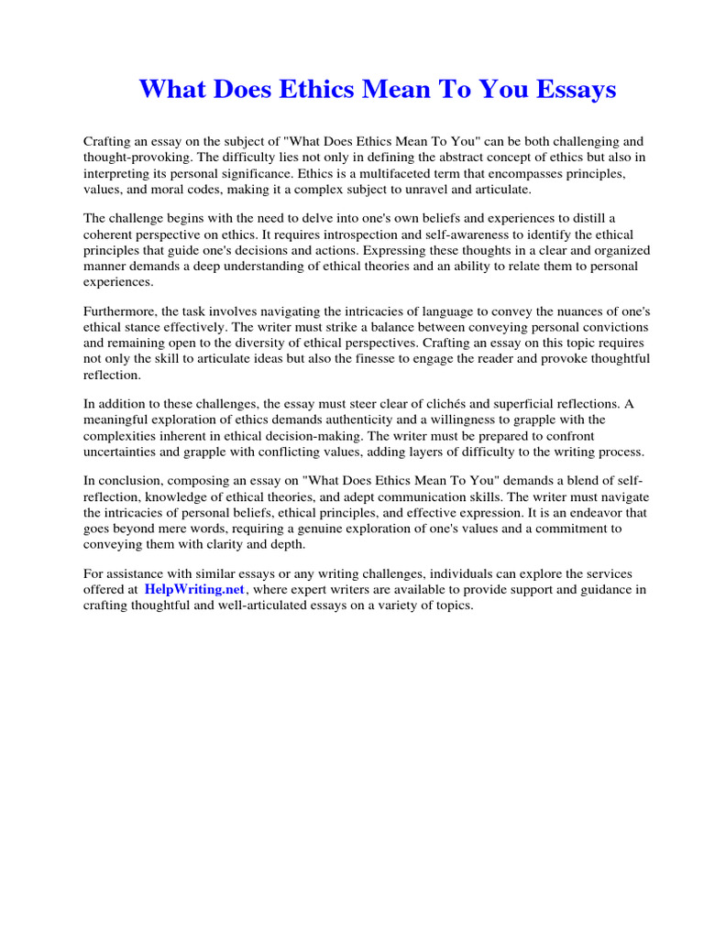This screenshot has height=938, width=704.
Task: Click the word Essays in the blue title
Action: coord(572,90)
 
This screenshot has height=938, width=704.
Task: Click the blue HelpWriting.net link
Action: coord(194,590)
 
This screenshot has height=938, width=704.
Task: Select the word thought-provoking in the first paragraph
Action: coord(128,157)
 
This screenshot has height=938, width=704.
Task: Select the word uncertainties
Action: coord(120,452)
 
